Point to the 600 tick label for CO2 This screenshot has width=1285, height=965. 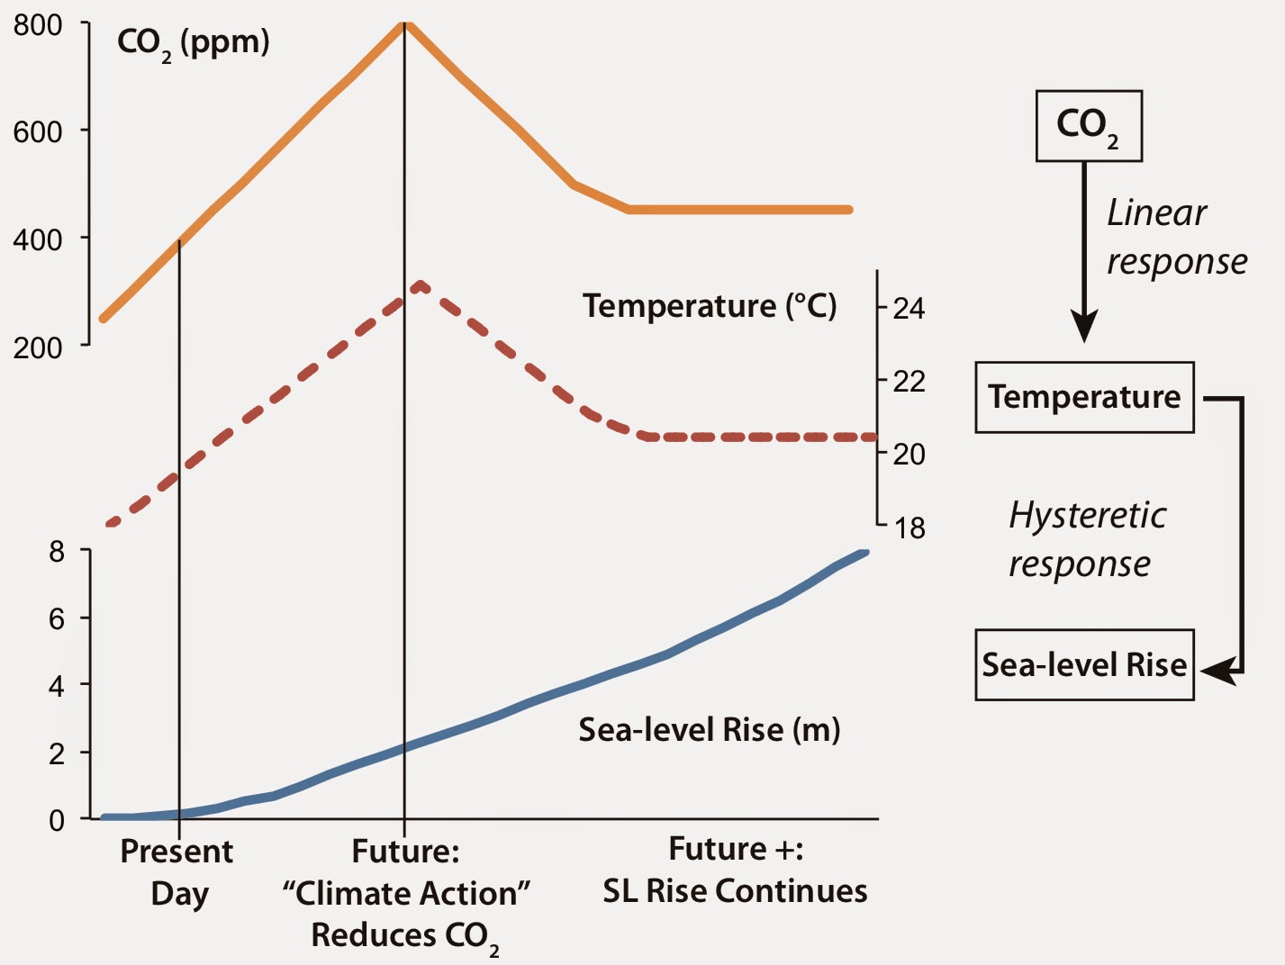coord(38,132)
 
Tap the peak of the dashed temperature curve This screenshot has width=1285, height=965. coord(420,284)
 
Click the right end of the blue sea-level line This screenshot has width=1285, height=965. coord(864,552)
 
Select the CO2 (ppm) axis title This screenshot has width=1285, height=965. coord(194,43)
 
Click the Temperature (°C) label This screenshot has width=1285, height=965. coord(710,306)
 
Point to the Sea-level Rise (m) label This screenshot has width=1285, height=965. coord(710,729)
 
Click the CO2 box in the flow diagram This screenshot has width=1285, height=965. coord(1089,126)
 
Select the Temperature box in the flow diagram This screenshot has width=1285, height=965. coord(1084,397)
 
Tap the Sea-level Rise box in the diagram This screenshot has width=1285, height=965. coord(1084,665)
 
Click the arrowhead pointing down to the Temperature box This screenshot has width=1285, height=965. coord(1084,326)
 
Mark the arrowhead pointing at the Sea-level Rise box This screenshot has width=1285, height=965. coord(1215,671)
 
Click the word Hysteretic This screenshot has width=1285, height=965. coord(1087,516)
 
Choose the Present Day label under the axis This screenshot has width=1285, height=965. coord(177,871)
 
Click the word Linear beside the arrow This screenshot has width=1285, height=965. coord(1156,213)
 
